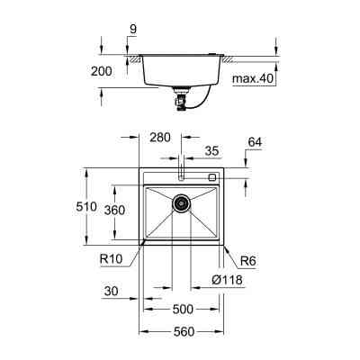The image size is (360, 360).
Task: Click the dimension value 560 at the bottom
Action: (183, 331)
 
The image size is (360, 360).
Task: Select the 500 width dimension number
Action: (183, 308)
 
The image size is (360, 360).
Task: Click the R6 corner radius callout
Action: (249, 261)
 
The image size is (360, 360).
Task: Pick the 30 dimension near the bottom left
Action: (111, 292)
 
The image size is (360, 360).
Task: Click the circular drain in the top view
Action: (182, 203)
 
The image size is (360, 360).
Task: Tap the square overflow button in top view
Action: (212, 177)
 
